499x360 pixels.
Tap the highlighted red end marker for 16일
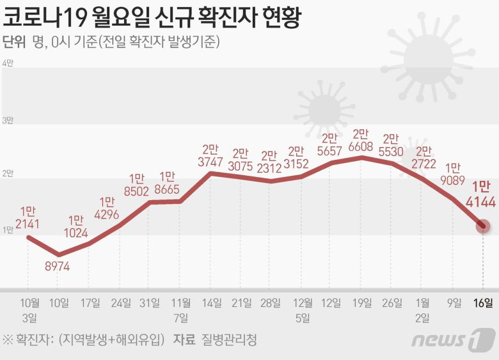point(484,226)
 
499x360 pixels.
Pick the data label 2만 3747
point(210,156)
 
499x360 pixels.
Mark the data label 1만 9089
point(453,176)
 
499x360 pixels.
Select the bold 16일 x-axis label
point(484,303)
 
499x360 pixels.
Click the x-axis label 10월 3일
point(30,309)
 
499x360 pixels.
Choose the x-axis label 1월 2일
point(423,309)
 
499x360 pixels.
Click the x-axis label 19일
point(362,303)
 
